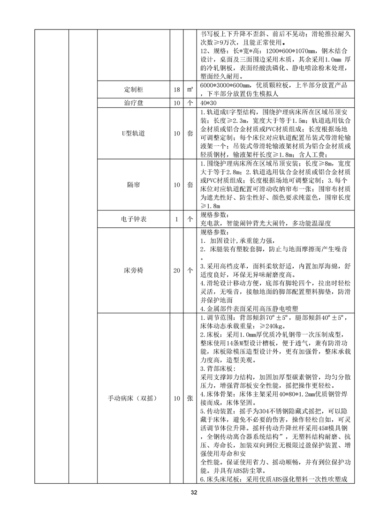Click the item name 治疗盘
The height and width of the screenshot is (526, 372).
[133, 103]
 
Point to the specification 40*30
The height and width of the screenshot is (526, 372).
[208, 103]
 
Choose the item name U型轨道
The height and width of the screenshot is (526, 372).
[133, 133]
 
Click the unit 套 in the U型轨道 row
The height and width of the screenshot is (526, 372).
[190, 133]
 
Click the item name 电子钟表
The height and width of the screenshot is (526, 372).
[133, 218]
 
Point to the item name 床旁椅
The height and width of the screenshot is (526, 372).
[133, 271]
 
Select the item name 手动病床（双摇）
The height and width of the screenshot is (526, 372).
[133, 398]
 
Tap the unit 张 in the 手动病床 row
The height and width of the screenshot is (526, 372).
[190, 398]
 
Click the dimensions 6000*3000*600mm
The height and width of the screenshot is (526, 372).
[223, 85]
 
